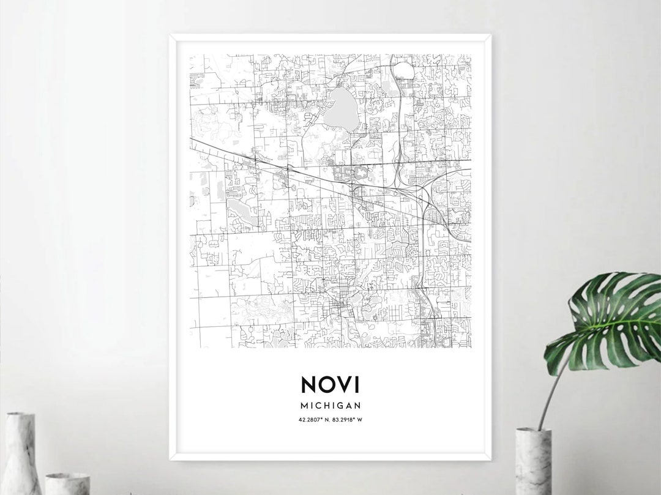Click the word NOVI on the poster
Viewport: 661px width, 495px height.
pyautogui.click(x=330, y=384)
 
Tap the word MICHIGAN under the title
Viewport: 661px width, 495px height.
pyautogui.click(x=330, y=405)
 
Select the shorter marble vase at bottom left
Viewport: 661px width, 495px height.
pyautogui.click(x=67, y=483)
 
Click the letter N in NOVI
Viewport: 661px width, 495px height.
pyautogui.click(x=309, y=384)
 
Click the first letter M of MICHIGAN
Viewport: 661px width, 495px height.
pyautogui.click(x=304, y=405)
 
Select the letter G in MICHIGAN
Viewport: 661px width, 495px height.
pyautogui.click(x=340, y=405)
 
